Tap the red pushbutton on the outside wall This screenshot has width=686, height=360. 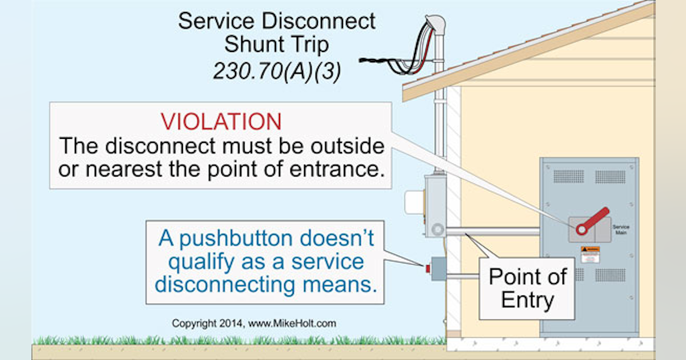[x=427, y=267]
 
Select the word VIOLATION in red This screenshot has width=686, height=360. [x=221, y=122]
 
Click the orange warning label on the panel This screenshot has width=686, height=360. [x=590, y=250]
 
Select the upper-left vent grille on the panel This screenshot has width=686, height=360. [x=568, y=177]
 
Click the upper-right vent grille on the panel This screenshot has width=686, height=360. [x=611, y=177]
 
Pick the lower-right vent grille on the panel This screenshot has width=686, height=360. [x=611, y=275]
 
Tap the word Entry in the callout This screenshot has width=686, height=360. [x=527, y=299]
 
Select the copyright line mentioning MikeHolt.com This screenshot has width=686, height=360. [x=254, y=323]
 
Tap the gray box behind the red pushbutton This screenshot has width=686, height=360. [x=438, y=268]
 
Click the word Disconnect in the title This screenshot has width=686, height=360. [x=317, y=21]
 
